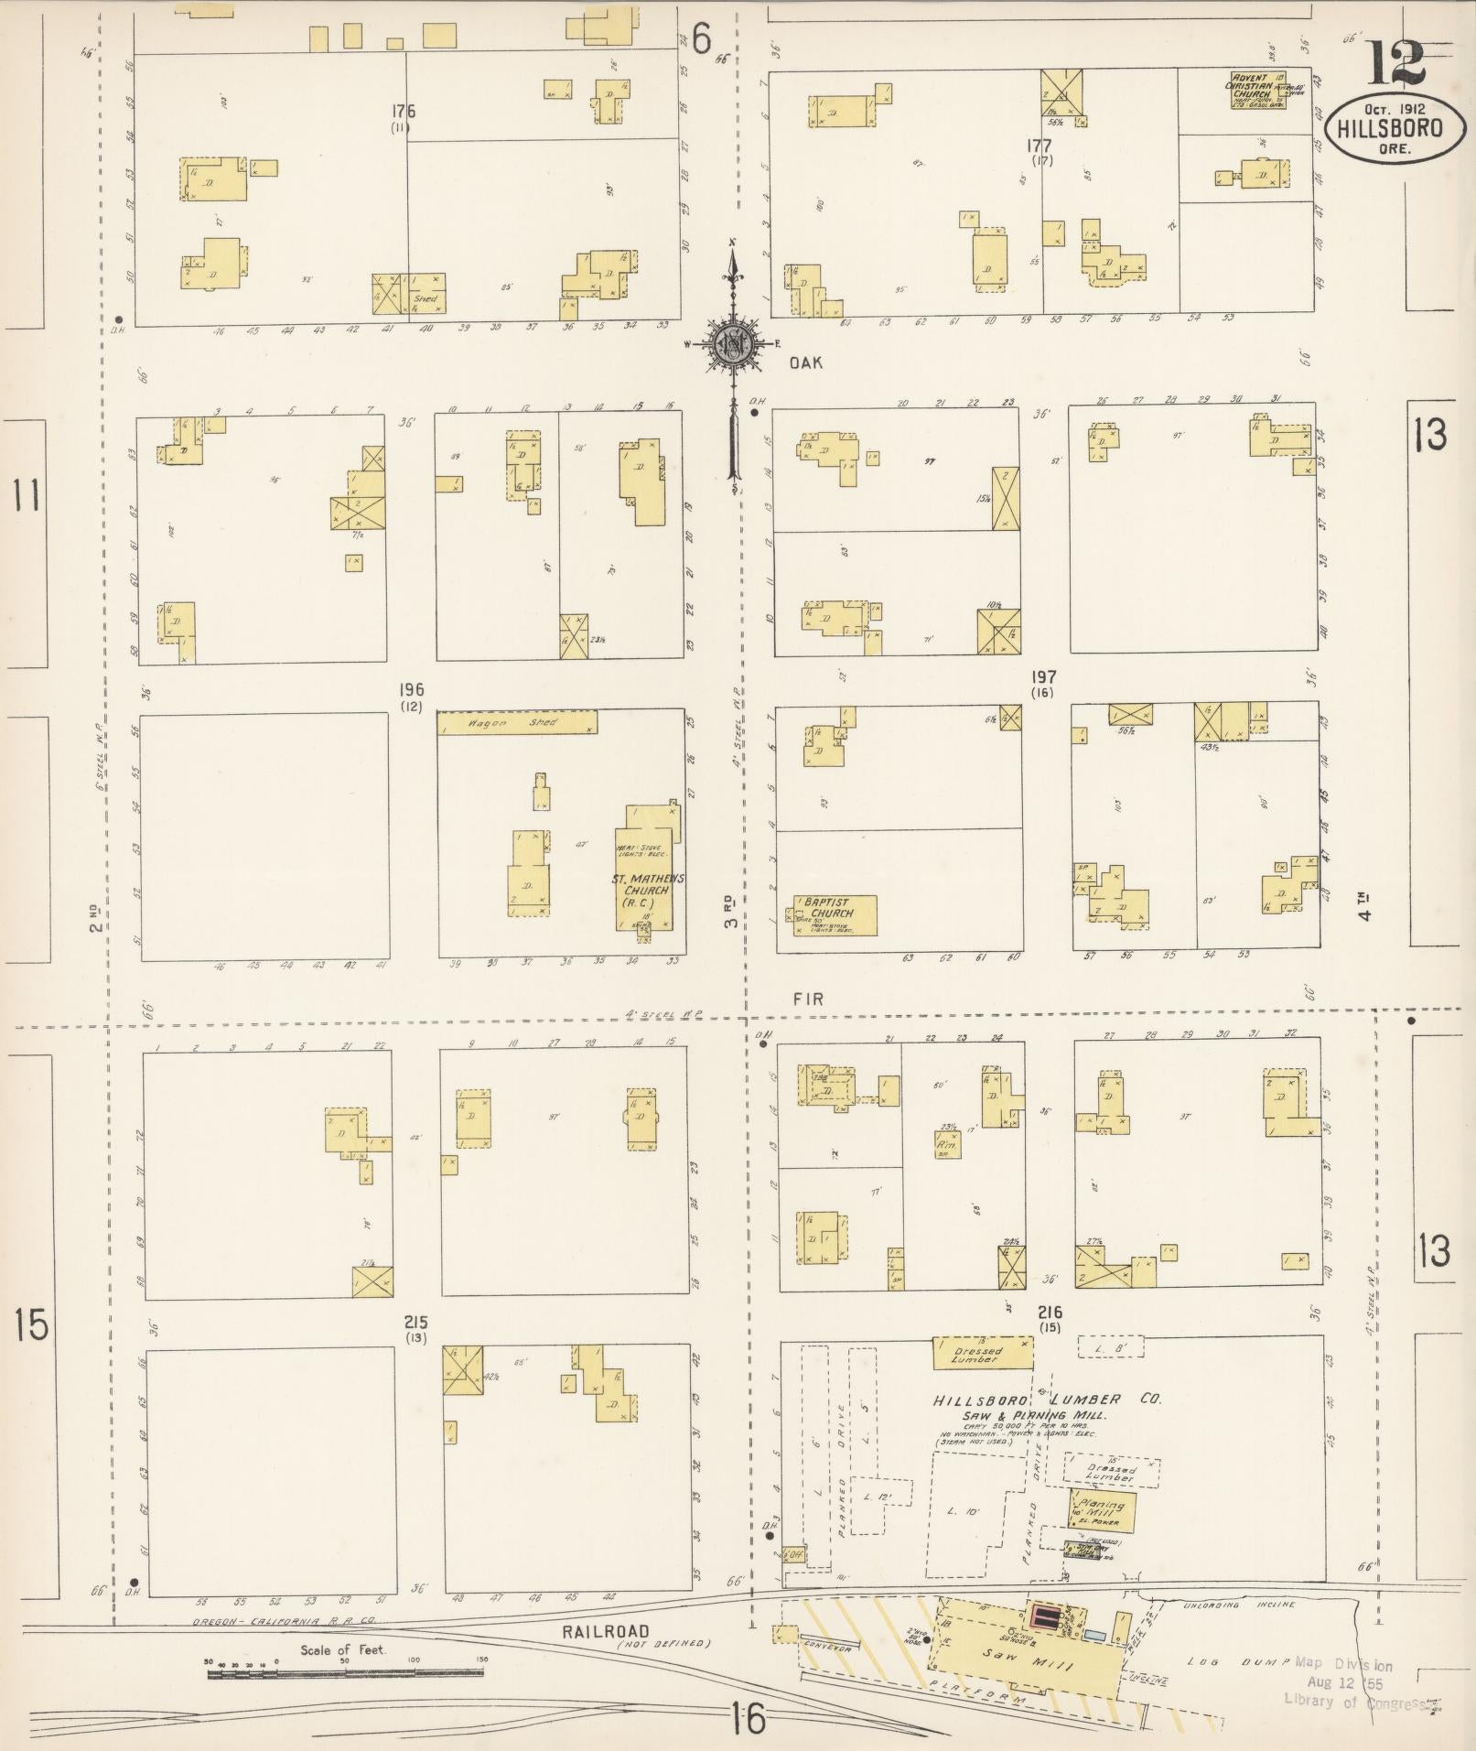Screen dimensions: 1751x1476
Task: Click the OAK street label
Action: (x=805, y=363)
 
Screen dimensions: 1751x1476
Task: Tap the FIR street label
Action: (x=809, y=1000)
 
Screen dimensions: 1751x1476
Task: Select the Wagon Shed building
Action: (x=517, y=723)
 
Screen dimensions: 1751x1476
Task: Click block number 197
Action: (x=1043, y=678)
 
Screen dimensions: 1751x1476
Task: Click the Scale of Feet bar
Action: (x=348, y=1674)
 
